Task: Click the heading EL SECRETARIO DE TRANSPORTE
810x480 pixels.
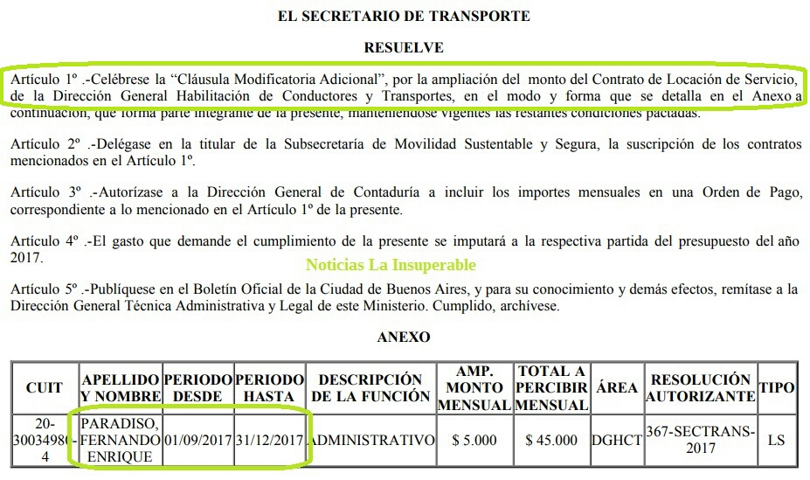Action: coord(404,16)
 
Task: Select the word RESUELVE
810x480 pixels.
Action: coord(404,47)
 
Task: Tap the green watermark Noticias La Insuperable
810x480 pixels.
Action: coord(391,264)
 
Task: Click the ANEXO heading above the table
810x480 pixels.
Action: coord(404,337)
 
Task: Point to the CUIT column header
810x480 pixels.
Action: coord(45,387)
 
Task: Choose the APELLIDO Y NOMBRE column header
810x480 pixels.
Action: coord(121,387)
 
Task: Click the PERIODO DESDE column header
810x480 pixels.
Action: coord(198,387)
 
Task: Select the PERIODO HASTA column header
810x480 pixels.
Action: coord(270,387)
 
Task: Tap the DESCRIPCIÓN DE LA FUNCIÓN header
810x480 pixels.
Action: coord(371,387)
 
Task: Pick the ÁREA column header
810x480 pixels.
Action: coord(616,387)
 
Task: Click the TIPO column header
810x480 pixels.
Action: coord(776,387)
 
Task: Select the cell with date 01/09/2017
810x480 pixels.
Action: coord(198,440)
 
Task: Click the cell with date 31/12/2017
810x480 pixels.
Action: coord(270,440)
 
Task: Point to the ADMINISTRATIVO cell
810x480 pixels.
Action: coord(371,440)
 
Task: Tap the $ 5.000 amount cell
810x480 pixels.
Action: coord(474,440)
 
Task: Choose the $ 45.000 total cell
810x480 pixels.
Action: coord(551,440)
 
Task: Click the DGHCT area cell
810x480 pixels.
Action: coord(616,440)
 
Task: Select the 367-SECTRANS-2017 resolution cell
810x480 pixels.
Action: coord(700,440)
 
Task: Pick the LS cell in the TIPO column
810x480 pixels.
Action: coord(776,440)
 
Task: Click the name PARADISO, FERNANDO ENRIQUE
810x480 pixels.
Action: coord(121,440)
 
